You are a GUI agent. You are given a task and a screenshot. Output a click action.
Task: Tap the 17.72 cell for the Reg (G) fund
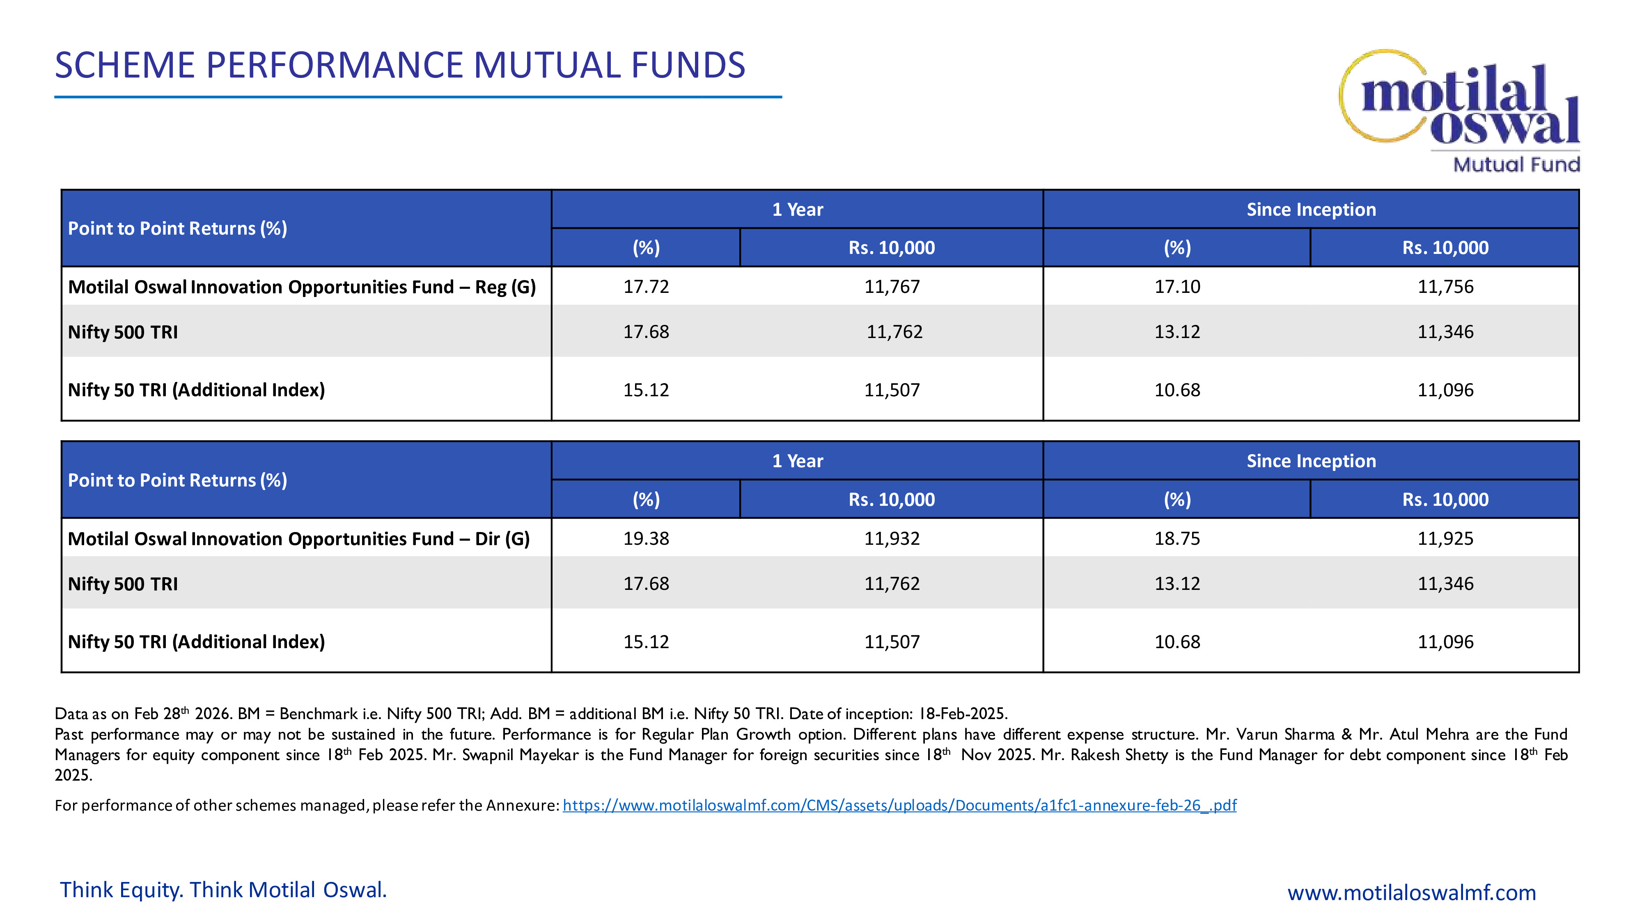646,287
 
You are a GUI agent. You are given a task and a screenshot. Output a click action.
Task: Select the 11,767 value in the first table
892,287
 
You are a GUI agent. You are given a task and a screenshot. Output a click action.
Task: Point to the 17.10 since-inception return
1176,287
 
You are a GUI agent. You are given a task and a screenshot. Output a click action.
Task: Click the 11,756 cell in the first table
1445,287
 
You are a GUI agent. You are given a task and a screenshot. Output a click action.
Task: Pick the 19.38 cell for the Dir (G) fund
646,538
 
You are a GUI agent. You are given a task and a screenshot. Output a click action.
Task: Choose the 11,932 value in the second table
892,538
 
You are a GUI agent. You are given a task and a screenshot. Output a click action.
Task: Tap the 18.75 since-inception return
1176,538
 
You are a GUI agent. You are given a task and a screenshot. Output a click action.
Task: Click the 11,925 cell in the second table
1445,538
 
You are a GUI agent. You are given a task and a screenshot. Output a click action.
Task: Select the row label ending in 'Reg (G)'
301,287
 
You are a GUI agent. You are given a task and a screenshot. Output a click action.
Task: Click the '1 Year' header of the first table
798,210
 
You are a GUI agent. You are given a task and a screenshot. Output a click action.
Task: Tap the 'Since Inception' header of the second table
1311,461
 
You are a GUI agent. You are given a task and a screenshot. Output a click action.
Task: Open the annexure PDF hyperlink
899,805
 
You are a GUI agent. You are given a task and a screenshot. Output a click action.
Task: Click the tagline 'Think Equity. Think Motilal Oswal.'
223,890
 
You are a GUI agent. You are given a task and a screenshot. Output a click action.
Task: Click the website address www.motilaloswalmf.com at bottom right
1411,892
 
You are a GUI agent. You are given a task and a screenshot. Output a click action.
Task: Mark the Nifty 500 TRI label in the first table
123,332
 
